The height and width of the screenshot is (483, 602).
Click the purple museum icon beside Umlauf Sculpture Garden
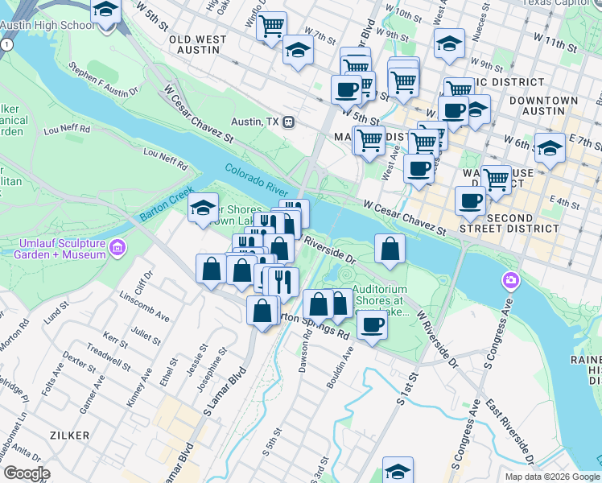coord(119,246)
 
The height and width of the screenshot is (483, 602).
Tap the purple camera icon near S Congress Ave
coord(509,281)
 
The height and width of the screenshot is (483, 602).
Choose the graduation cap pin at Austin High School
coord(105,11)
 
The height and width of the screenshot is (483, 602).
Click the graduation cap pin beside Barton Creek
coord(204,208)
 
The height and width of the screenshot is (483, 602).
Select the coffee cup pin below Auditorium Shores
coord(372,325)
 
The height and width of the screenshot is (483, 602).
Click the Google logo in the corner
coord(27,473)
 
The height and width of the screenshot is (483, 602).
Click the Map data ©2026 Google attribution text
coord(552,477)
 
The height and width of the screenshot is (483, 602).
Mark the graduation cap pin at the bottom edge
coord(398,470)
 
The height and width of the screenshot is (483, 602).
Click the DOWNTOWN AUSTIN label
coord(547,106)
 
